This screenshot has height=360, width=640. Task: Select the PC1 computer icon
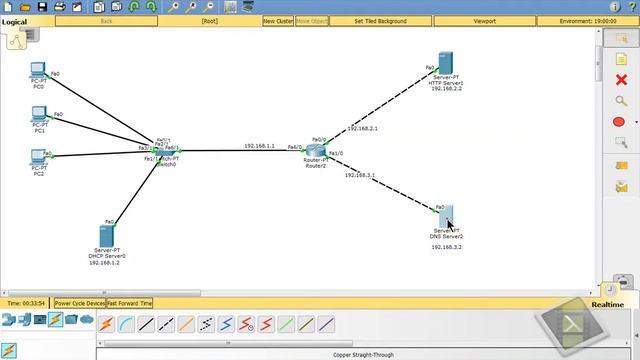(x=39, y=116)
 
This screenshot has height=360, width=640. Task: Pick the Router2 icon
(x=317, y=151)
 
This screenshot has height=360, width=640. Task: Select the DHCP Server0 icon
(x=106, y=234)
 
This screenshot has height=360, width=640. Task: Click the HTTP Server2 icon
(x=447, y=63)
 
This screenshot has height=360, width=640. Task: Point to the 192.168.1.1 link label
(x=259, y=146)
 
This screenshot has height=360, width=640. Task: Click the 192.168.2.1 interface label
(x=362, y=129)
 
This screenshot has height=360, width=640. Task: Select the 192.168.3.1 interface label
(x=360, y=175)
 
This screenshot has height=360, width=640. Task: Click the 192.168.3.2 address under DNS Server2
(x=447, y=246)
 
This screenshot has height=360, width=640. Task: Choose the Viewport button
(x=484, y=20)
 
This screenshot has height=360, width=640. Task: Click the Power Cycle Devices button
(x=79, y=303)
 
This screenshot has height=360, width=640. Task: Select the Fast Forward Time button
(x=130, y=303)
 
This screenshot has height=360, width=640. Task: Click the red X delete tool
(x=620, y=80)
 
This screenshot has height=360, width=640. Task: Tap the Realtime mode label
(x=607, y=304)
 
